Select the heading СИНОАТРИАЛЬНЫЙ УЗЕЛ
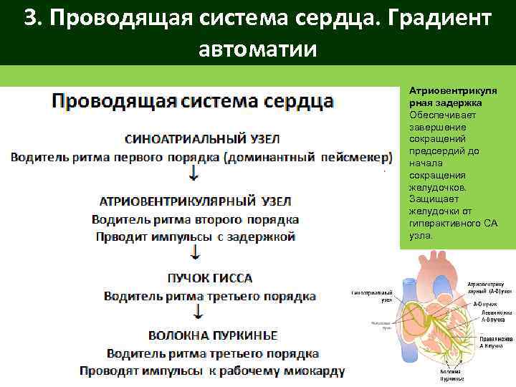tap(202, 138)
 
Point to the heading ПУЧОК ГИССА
tap(209, 277)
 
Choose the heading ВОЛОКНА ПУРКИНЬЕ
tap(213, 335)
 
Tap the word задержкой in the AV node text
tap(258, 237)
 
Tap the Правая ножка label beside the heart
tap(495, 341)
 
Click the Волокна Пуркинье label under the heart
tap(451, 376)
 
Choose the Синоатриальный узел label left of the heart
tap(371, 297)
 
